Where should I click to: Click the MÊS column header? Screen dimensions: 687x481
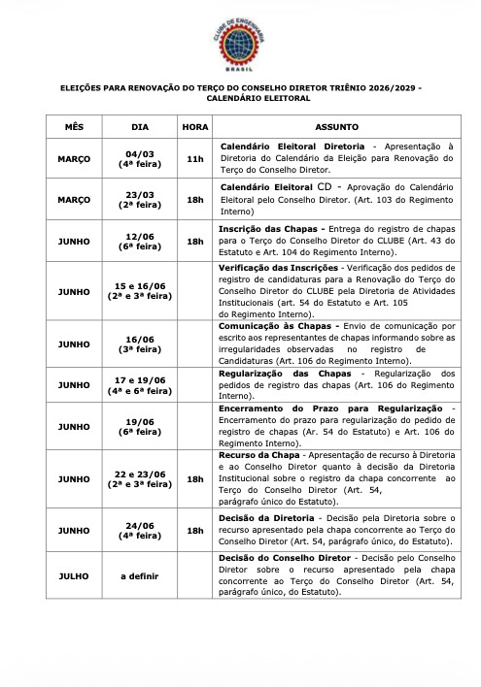[74, 127]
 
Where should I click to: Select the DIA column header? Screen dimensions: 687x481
[141, 127]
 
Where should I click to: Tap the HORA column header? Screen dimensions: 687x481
[194, 127]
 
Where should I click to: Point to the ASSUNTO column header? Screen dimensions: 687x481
[337, 127]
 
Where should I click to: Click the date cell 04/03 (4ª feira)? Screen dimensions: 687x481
[141, 158]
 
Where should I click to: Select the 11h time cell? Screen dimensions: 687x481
[194, 158]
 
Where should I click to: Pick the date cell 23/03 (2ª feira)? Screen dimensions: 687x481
[141, 200]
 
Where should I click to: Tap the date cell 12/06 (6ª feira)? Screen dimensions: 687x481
[141, 242]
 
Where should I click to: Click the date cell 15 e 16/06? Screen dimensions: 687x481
[141, 290]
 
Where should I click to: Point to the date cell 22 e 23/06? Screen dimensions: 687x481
[141, 478]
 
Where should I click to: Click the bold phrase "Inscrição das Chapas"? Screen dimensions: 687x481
[267, 228]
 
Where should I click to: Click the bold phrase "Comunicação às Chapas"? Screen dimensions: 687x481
[275, 327]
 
